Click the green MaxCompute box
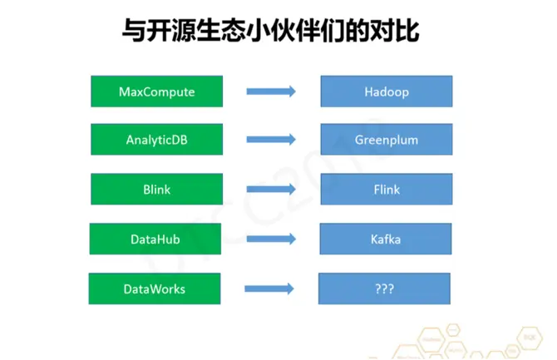click(156, 91)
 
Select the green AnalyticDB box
click(156, 140)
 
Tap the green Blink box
click(156, 190)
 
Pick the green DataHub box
click(155, 239)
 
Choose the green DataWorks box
click(155, 288)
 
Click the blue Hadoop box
click(387, 91)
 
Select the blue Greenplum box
click(387, 140)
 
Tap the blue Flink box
click(387, 190)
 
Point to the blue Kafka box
click(386, 239)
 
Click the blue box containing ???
click(384, 288)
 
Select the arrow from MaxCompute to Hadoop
click(271, 91)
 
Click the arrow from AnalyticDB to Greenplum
click(271, 140)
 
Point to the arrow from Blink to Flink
click(271, 190)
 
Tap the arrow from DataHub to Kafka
click(271, 239)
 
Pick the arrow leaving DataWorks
click(269, 288)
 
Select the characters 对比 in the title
click(396, 32)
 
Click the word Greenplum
click(387, 140)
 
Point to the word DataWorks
click(155, 288)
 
